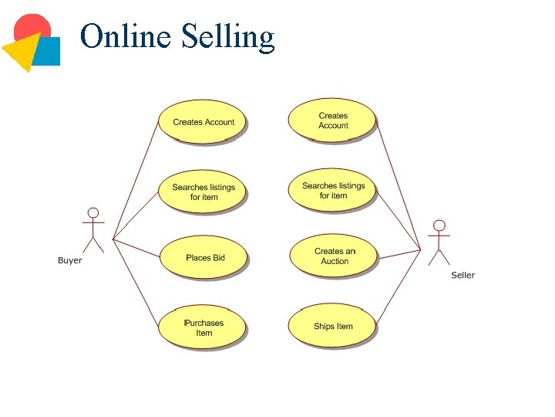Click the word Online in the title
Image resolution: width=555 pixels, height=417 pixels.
coord(126,36)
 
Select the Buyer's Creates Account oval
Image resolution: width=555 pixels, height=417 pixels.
coord(203,121)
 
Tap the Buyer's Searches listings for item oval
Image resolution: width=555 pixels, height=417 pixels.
coord(203,192)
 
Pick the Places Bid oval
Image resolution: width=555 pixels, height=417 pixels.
coord(204,257)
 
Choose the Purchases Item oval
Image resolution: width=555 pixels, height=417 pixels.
coord(203,327)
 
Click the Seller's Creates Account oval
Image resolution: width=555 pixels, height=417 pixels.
coord(332,120)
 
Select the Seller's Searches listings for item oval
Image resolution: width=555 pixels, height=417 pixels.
coord(332,190)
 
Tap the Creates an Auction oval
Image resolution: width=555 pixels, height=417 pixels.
coord(334,256)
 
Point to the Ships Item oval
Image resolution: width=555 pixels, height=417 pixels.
coord(332,326)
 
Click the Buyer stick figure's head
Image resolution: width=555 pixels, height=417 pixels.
coord(93,212)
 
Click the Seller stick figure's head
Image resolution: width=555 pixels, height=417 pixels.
coord(439,225)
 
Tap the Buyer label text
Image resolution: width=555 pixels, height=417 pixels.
coord(69,260)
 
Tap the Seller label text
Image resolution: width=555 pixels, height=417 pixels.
coord(462,275)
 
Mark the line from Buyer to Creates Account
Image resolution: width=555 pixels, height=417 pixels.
coord(136,180)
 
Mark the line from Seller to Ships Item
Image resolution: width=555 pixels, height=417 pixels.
coord(398,286)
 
